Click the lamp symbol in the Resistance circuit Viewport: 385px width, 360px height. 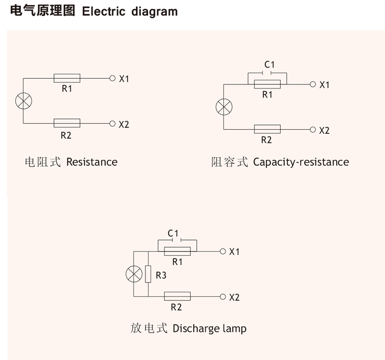(23, 101)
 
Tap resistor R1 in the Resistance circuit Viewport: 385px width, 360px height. (67, 78)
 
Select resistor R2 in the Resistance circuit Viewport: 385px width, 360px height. (67, 123)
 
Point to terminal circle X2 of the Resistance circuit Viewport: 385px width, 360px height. (112, 123)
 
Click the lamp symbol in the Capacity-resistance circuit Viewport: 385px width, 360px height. (223, 106)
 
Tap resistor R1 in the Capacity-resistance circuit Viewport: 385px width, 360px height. (267, 84)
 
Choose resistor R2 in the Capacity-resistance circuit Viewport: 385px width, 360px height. (267, 129)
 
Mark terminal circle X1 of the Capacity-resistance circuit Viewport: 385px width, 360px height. (312, 84)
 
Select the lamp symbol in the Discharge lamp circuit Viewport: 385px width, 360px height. (133, 274)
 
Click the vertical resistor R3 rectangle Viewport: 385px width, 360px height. (148, 274)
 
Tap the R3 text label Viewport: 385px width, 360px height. (161, 275)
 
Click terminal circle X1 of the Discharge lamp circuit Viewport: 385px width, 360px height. (222, 251)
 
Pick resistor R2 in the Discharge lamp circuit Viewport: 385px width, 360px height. (177, 296)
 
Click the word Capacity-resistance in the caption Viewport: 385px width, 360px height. (301, 162)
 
